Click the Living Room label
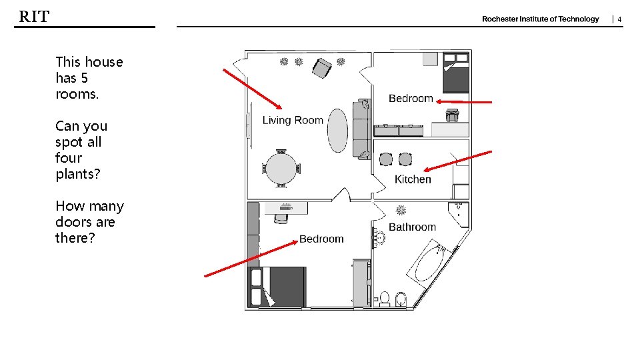coord(293,120)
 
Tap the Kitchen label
coord(413,179)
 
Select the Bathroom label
coord(412,227)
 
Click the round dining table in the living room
coord(282,169)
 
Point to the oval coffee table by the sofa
coord(337,131)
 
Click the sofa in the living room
coord(361,129)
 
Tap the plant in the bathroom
coord(401,209)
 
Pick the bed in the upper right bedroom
coord(457,73)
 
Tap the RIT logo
coord(34,17)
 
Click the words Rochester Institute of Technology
coord(540,19)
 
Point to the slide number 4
coord(619,19)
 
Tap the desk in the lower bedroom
coord(286,208)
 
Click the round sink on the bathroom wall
coord(379,237)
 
